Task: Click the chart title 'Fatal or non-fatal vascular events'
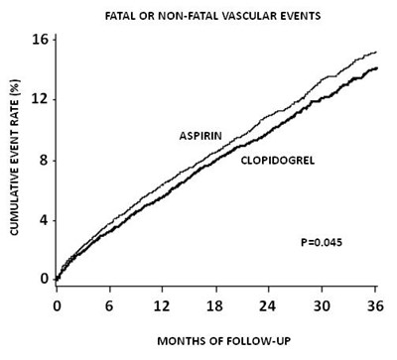[212, 16]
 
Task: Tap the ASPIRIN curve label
[200, 136]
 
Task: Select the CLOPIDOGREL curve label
[278, 161]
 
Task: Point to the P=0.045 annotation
[322, 243]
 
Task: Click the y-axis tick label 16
[40, 40]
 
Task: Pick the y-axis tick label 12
[40, 100]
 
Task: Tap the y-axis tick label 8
[44, 161]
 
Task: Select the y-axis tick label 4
[44, 220]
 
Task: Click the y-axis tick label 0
[44, 279]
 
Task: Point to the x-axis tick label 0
[57, 306]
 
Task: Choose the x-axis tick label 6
[109, 306]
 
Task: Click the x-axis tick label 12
[162, 306]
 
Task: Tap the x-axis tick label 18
[215, 306]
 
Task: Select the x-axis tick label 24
[267, 306]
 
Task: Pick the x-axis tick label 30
[322, 306]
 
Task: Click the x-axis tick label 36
[375, 306]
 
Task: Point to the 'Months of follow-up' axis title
[223, 341]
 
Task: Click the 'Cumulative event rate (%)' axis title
[15, 157]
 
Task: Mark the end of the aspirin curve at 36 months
[376, 52]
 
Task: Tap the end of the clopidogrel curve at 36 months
[377, 68]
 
